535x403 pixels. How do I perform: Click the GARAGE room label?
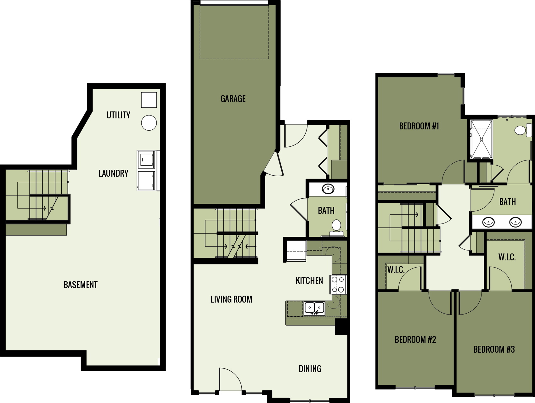[233, 99]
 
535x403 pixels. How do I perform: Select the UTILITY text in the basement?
[118, 115]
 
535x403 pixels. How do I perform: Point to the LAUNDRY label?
[113, 173]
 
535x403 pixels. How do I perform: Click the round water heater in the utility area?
[149, 123]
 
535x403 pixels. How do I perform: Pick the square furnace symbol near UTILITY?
[149, 100]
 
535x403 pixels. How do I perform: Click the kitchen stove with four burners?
[338, 284]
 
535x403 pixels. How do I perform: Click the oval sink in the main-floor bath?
[328, 189]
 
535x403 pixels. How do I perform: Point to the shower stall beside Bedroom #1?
[481, 139]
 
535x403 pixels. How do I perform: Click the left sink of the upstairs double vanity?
[488, 222]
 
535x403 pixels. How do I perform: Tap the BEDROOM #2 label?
[415, 340]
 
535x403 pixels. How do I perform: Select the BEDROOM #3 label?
[494, 349]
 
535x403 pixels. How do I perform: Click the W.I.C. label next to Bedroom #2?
[396, 270]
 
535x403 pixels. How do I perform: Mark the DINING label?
[310, 369]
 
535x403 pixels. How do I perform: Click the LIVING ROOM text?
[231, 299]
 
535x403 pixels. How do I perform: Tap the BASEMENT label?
[81, 285]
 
